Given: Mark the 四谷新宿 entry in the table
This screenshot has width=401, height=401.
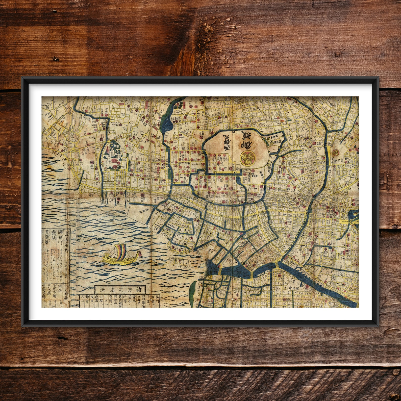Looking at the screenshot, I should pyautogui.click(x=146, y=300).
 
